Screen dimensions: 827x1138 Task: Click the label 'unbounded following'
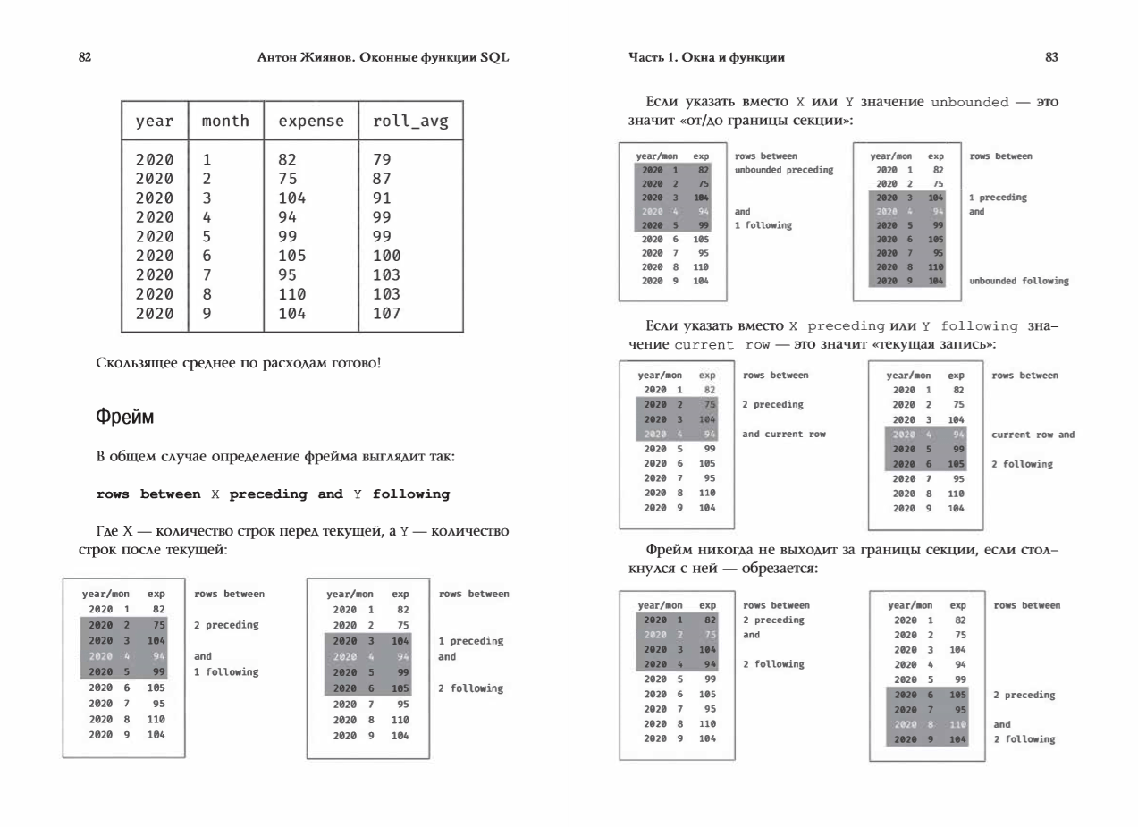[x=1018, y=281]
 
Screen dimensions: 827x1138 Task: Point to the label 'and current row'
[x=784, y=434]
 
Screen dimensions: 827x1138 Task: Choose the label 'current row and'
[x=1033, y=435]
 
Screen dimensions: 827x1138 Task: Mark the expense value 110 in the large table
[x=292, y=294]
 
